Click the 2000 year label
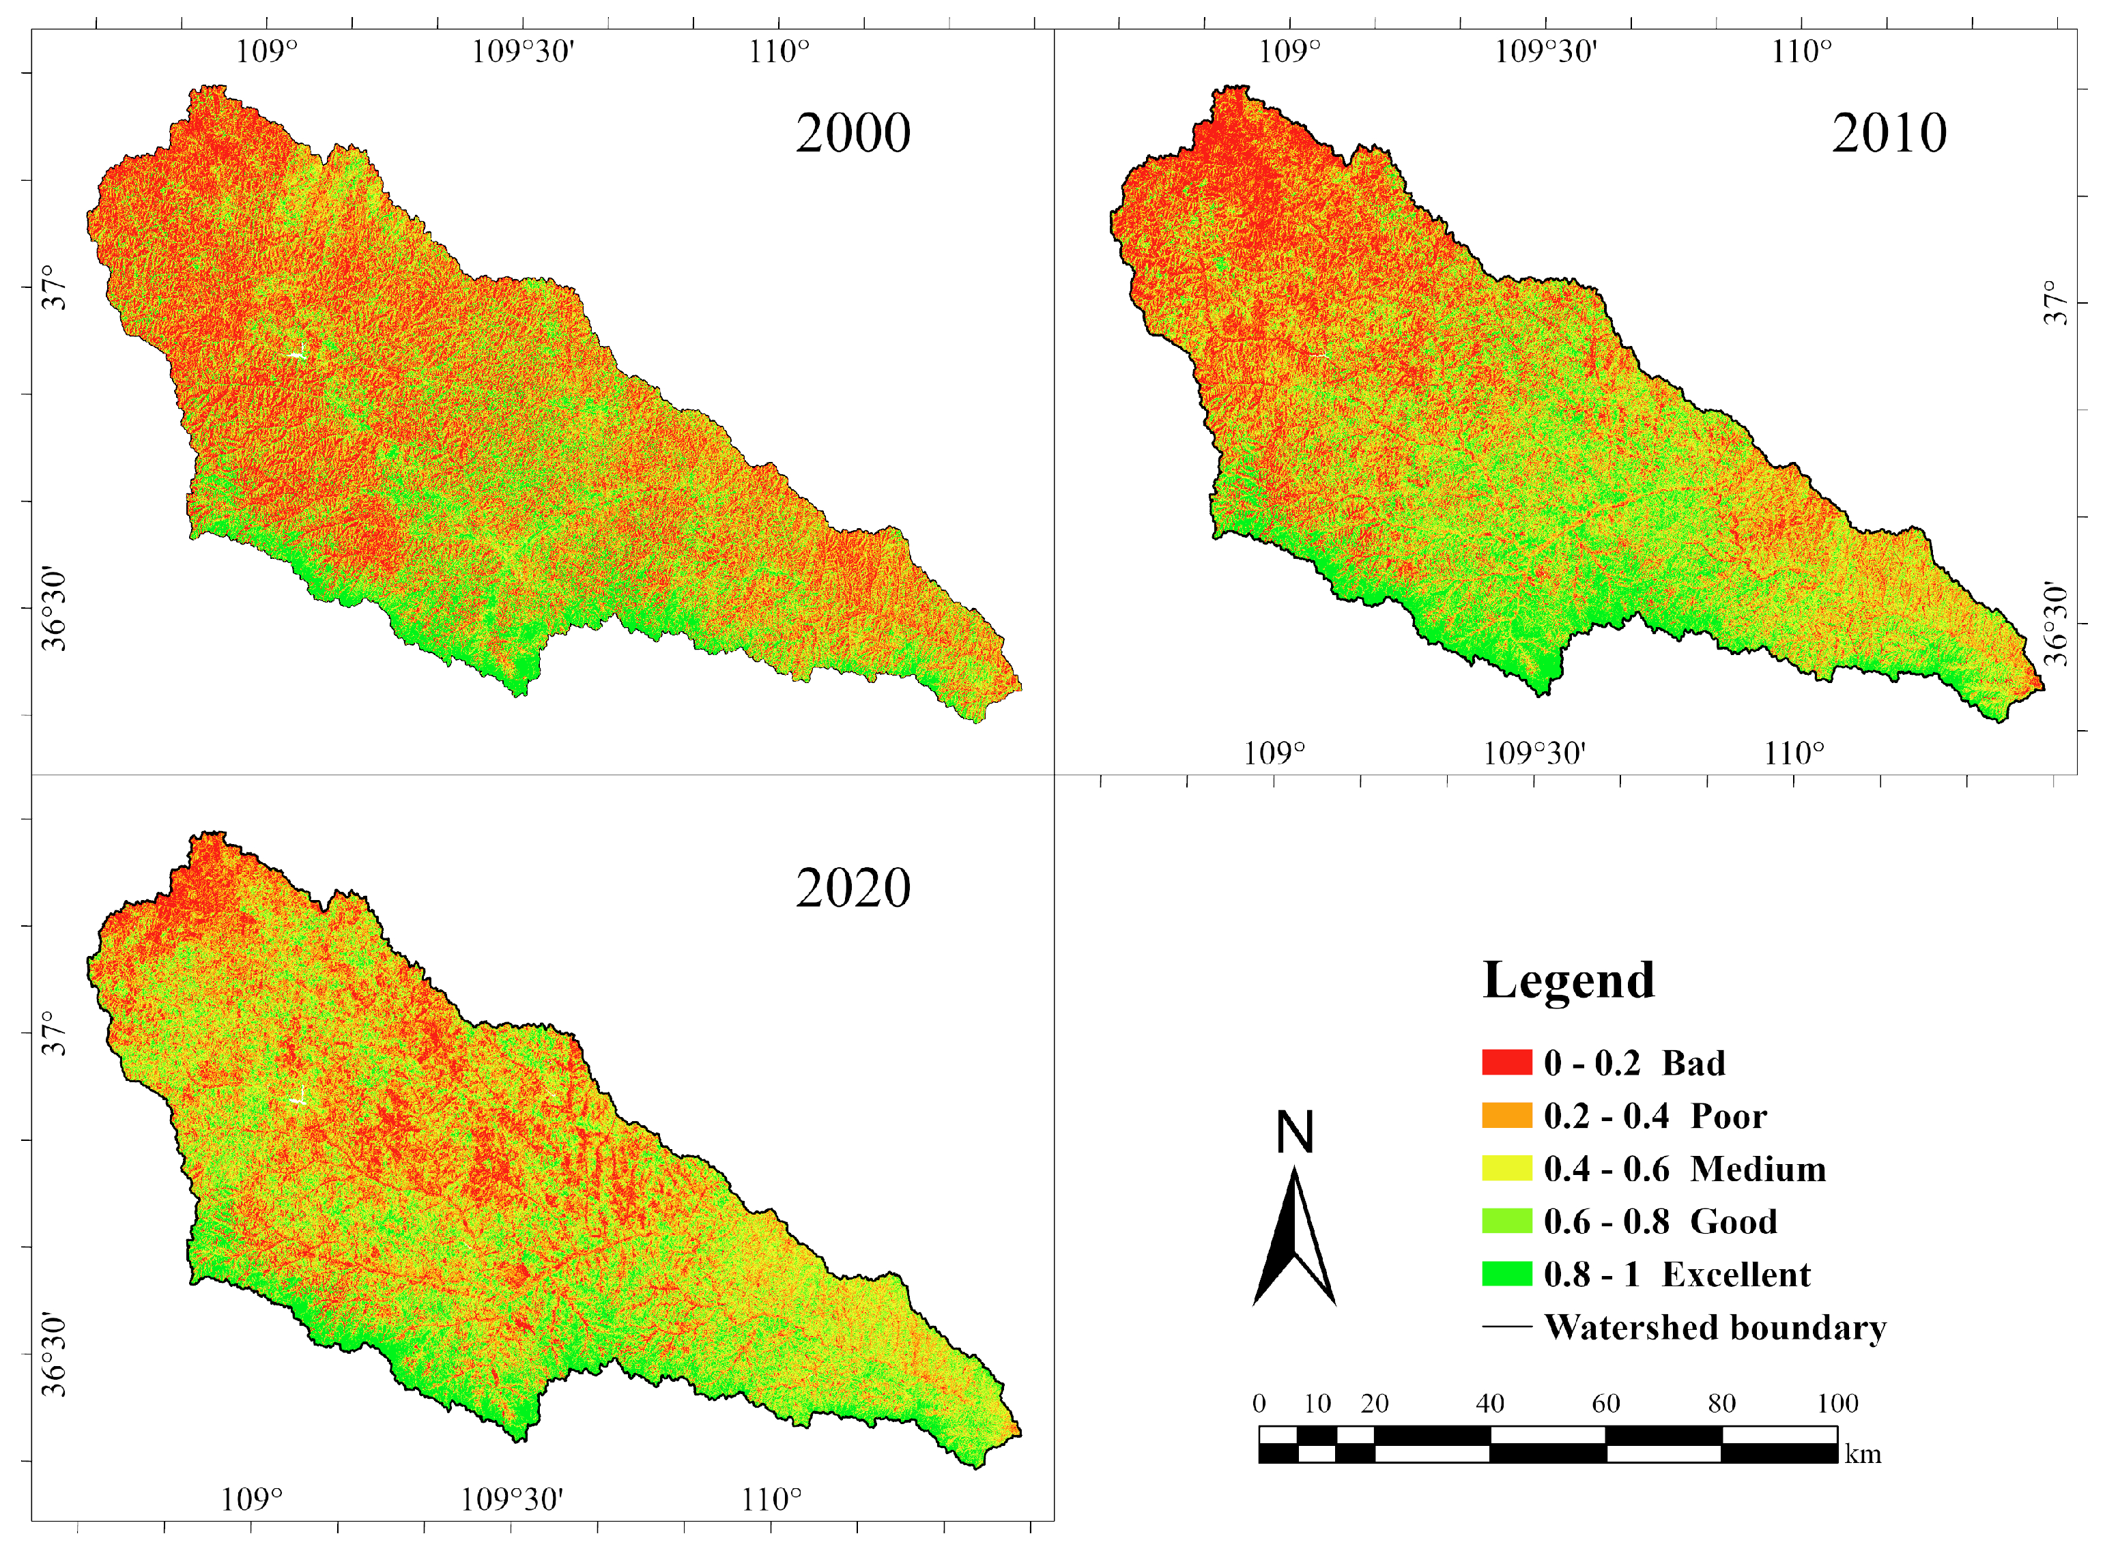[x=853, y=132]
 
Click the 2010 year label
[x=1889, y=132]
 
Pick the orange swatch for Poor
[x=1506, y=1116]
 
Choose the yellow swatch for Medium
[x=1506, y=1168]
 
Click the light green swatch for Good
[x=1506, y=1221]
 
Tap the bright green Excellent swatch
[x=1506, y=1274]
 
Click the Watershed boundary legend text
[x=1715, y=1328]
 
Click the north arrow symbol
[x=1295, y=1239]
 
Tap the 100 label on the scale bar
[x=1837, y=1404]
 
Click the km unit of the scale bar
[x=1863, y=1454]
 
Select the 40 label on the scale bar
[x=1490, y=1404]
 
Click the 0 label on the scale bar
[x=1259, y=1404]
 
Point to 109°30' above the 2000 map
[x=522, y=50]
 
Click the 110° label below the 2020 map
[x=772, y=1499]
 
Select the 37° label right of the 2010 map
[x=2055, y=303]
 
